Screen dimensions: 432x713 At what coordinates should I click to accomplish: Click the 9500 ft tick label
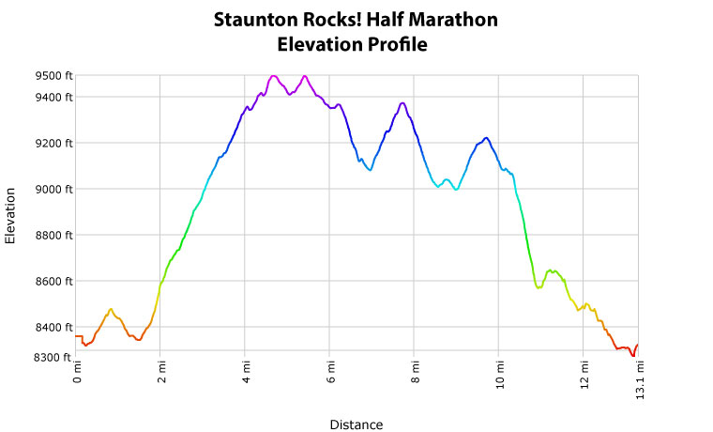[53, 76]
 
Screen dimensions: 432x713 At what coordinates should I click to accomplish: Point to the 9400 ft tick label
[53, 98]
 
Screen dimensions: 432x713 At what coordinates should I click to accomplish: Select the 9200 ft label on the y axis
[53, 144]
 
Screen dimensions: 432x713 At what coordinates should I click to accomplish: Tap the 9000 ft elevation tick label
[53, 190]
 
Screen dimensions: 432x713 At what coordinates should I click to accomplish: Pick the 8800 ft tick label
[53, 236]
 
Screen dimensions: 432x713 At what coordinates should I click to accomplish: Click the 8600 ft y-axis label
[53, 282]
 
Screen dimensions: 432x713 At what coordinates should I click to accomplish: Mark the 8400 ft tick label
[53, 328]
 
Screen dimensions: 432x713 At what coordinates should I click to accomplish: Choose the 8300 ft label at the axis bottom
[53, 358]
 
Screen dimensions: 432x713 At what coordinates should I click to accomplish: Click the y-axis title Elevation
[11, 216]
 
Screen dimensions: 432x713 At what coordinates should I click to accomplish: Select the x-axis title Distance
[356, 424]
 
